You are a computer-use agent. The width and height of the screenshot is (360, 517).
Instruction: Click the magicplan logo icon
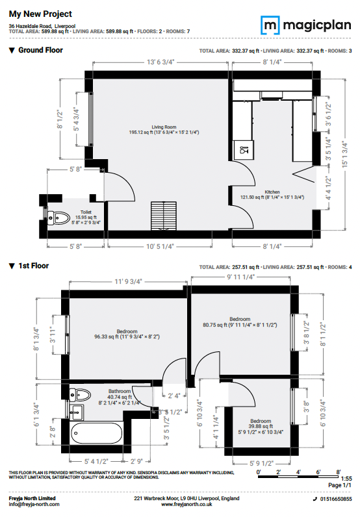[270, 25]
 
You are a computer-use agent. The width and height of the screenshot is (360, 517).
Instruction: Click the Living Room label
[164, 127]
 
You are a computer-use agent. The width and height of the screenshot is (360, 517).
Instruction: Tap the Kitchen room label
[272, 192]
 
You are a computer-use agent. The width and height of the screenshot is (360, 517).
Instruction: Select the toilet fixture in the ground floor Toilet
[58, 218]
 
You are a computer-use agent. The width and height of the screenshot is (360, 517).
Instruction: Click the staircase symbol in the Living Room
[164, 216]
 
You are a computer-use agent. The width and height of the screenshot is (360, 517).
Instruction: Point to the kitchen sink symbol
[244, 150]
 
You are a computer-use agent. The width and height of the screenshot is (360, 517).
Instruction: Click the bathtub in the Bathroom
[96, 433]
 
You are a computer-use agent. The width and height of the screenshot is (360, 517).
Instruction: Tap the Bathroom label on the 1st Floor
[120, 392]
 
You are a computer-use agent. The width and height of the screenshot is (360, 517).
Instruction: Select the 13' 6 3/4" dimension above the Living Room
[161, 62]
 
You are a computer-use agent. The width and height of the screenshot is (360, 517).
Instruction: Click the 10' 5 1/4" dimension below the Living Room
[160, 246]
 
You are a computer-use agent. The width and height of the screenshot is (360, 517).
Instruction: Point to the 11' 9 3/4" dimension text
[128, 282]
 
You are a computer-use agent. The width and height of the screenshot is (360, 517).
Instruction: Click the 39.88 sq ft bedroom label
[261, 426]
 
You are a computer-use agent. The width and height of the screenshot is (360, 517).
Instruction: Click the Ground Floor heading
[40, 50]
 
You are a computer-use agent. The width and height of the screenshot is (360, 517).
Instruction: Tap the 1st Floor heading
[34, 266]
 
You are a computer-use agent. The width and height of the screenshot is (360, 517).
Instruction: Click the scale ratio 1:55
[346, 479]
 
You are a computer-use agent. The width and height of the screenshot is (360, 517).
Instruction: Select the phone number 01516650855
[336, 499]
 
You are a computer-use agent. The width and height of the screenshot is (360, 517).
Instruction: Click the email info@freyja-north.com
[34, 504]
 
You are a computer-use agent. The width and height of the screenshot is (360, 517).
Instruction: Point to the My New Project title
[40, 14]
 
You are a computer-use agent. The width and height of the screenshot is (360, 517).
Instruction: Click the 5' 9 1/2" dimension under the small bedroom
[262, 464]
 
